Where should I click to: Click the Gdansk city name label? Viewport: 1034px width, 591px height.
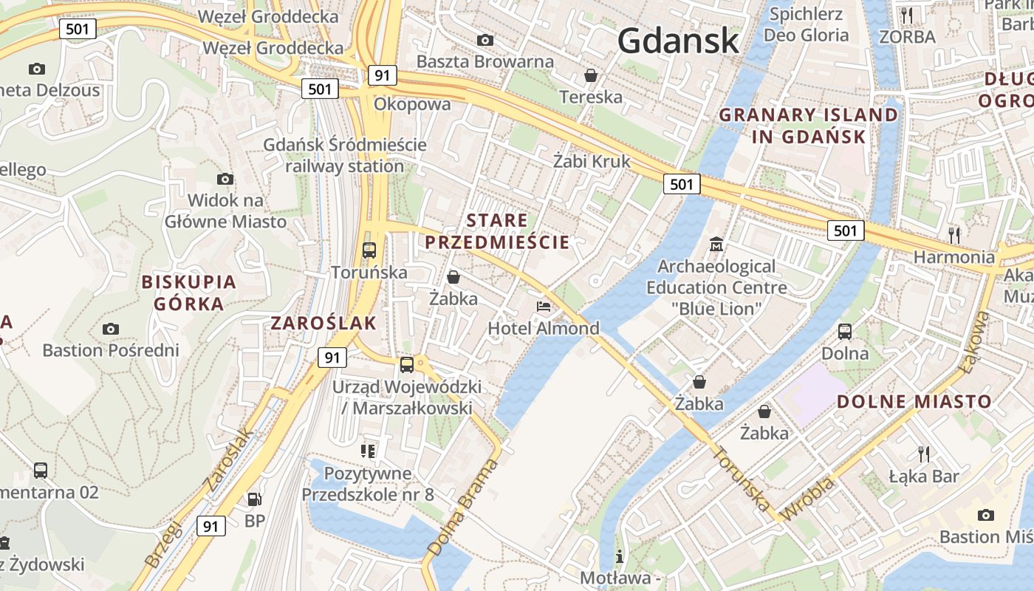678,40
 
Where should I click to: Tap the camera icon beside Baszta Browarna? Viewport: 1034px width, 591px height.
485,40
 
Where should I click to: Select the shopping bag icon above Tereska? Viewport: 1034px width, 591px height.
591,75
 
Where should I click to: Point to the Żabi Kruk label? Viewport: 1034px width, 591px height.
592,161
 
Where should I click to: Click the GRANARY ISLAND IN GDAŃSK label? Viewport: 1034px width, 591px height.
809,126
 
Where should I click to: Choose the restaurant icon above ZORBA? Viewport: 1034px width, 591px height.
907,15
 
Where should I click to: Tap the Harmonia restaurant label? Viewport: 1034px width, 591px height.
954,257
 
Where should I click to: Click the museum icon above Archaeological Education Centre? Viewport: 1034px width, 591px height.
716,244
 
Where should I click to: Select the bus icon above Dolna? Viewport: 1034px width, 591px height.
845,332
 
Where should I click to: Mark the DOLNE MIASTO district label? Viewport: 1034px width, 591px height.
914,402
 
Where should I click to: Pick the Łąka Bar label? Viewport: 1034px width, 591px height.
924,476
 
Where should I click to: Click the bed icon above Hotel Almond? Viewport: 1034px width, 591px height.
544,306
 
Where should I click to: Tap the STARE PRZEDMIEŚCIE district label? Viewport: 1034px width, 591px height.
498,231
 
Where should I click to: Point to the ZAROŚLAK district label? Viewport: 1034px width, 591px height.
323,323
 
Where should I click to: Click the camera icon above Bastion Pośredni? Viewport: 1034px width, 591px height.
111,329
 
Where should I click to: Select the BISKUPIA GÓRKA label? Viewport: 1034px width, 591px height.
188,293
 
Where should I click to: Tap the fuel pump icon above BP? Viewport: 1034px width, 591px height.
254,499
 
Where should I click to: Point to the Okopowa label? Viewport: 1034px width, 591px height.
412,104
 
